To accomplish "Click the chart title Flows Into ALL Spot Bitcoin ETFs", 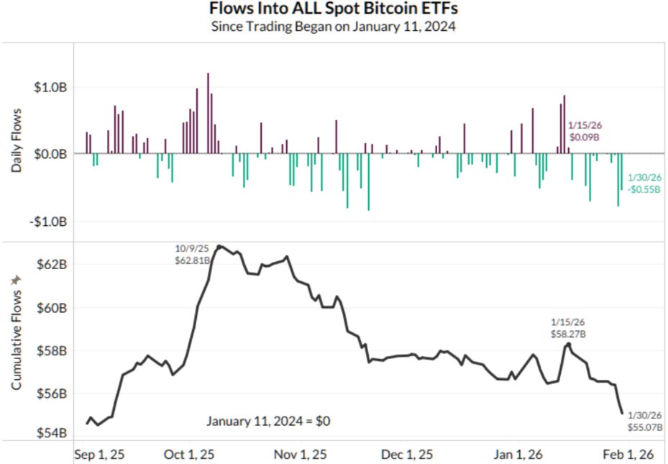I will pos(334,9).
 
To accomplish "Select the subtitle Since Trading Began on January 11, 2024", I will pos(334,27).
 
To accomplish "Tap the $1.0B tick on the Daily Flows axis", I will pos(52,87).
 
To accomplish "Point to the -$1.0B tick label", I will pos(51,221).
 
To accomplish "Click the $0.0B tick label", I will pos(52,154).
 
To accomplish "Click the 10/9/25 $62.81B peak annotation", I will pos(192,255).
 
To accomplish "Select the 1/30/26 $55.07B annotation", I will pos(645,422).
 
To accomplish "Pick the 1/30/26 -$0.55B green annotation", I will pos(645,183).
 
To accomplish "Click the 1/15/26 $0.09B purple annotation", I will pos(585,130).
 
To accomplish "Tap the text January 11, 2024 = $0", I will pos(268,420).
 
